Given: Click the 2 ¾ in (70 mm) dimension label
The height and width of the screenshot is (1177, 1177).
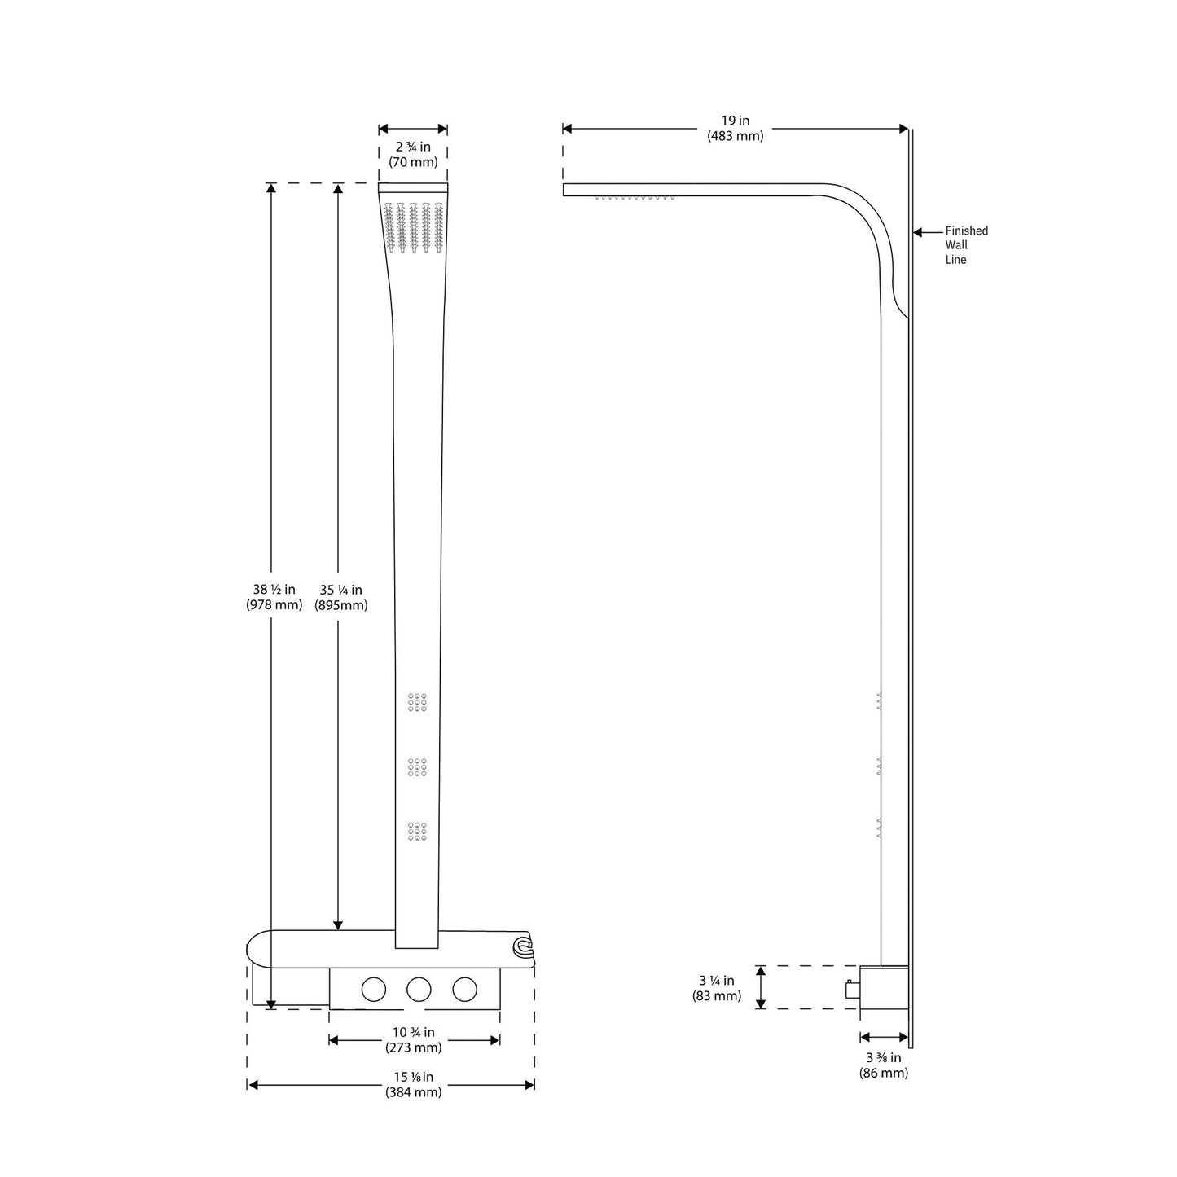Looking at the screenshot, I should coord(413,154).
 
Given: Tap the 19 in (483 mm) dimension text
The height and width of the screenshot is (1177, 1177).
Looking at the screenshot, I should coord(735,129).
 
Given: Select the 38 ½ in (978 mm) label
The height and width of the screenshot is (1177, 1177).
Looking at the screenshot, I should coord(274,597).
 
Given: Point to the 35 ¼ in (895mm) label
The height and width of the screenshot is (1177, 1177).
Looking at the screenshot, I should coord(340,597).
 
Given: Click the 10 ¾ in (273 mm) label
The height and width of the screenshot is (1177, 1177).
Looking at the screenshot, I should coord(414,1040).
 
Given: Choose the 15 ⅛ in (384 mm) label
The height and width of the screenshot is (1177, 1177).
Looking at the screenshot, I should coord(414,1084).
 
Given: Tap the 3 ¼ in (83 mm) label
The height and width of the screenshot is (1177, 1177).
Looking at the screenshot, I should coord(717,988).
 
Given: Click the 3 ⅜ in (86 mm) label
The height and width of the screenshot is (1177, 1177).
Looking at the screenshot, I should coord(883,1065).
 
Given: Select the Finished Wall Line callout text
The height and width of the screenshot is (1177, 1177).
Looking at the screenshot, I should coord(966,245).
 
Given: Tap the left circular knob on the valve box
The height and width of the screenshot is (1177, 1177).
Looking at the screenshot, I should coord(373,989).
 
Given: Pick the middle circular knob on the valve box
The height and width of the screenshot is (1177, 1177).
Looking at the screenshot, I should coord(419,989).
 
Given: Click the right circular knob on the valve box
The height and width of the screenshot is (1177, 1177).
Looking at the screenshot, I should coord(464,989).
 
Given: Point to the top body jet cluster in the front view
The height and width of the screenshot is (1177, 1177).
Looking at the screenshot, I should coord(417,702).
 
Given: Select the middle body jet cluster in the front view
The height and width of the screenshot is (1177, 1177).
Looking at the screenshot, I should coord(417,766).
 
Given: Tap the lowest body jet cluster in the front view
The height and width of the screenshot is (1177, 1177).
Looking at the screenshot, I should coord(417,831).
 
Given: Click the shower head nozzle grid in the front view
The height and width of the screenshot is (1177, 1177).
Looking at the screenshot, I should coord(414,227).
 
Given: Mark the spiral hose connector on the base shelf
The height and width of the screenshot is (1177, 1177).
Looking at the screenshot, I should coord(521,946).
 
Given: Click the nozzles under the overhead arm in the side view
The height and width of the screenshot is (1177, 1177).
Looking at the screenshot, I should coord(635,198).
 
